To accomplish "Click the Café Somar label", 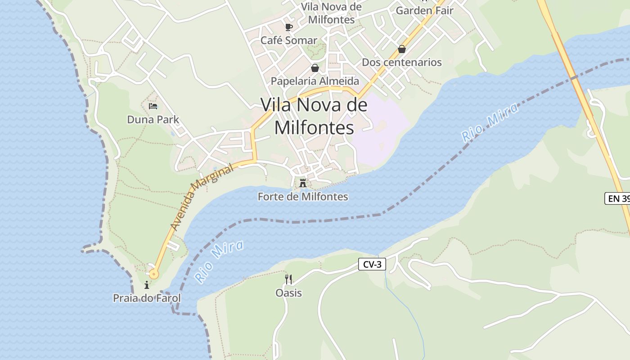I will click(289, 40).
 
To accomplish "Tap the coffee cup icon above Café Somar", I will click(289, 27).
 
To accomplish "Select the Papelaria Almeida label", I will click(315, 81).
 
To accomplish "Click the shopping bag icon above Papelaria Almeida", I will click(315, 68).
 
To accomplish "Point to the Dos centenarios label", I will click(402, 62).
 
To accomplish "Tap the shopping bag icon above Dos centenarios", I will click(402, 49).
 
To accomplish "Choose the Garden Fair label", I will click(424, 10).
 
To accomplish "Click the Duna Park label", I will click(153, 119).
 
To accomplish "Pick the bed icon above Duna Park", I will click(153, 106).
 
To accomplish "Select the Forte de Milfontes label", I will click(303, 197).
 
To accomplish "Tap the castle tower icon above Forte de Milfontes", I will click(303, 183).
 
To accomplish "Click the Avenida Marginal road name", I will click(203, 197).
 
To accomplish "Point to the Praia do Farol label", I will click(147, 298).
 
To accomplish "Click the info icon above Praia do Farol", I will click(147, 285).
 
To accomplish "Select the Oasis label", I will click(288, 293).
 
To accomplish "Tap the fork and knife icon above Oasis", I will click(288, 279).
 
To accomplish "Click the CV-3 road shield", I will click(372, 264).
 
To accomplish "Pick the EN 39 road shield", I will click(617, 198).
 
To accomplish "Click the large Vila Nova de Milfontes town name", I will click(314, 116).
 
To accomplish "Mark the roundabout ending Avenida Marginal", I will click(154, 274).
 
